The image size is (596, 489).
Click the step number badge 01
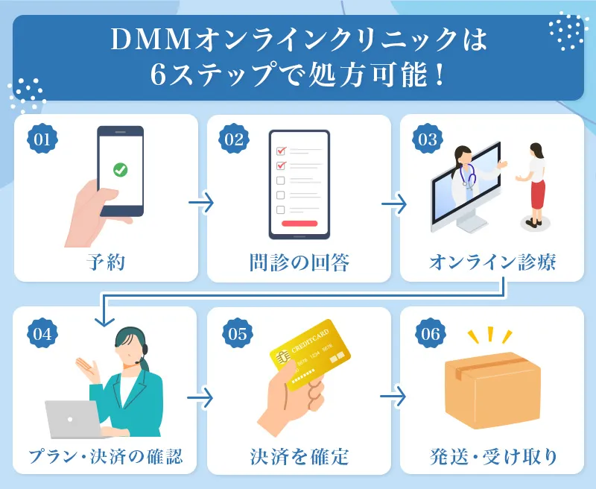(42, 139)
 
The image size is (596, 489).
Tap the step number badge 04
(42, 332)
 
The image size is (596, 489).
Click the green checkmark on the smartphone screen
(120, 170)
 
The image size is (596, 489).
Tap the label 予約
(106, 262)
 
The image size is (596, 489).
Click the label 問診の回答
(299, 262)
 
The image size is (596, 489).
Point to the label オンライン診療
(492, 262)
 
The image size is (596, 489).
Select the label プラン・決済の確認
(106, 455)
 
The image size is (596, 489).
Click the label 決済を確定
(299, 455)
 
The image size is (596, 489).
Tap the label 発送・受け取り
(492, 455)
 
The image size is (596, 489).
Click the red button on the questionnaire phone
(299, 223)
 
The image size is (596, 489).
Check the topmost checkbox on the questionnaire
(281, 151)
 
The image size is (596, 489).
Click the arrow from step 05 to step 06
(395, 397)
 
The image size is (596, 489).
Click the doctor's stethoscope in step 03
(469, 177)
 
